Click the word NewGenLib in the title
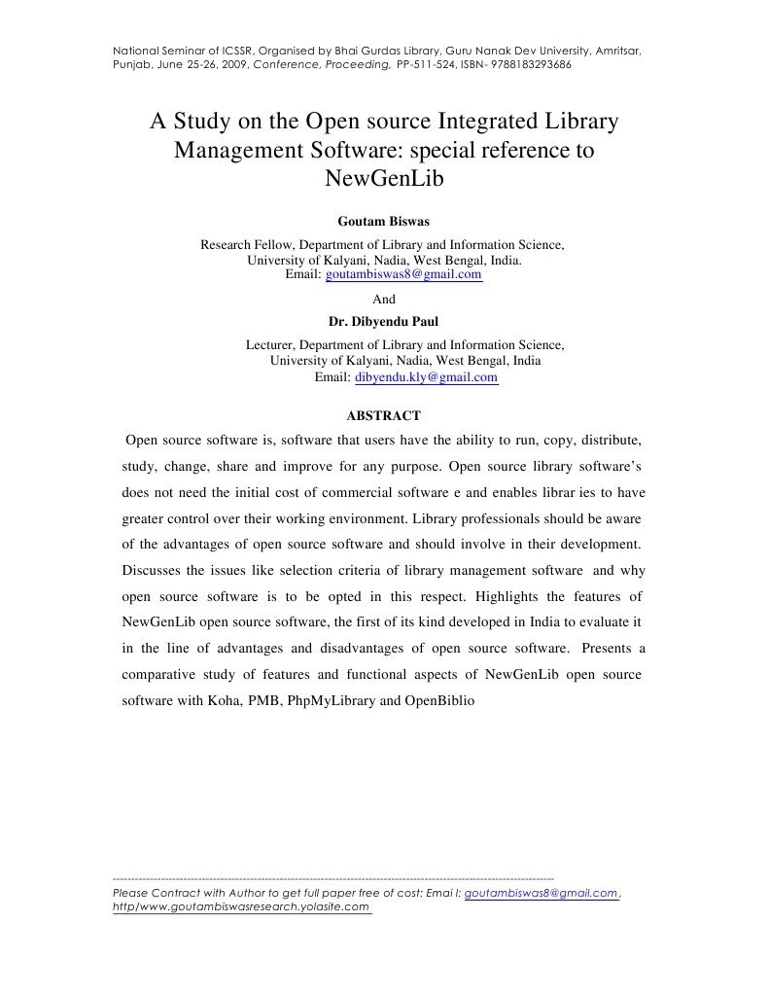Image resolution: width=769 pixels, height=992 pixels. click(x=383, y=180)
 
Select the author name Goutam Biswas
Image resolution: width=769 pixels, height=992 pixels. click(x=383, y=221)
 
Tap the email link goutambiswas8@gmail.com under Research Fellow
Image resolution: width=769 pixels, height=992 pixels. click(x=403, y=275)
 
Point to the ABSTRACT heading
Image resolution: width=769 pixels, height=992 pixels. click(x=383, y=415)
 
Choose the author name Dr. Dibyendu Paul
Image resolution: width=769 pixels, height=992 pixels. click(x=383, y=322)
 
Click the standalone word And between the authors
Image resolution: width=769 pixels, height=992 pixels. click(x=384, y=299)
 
